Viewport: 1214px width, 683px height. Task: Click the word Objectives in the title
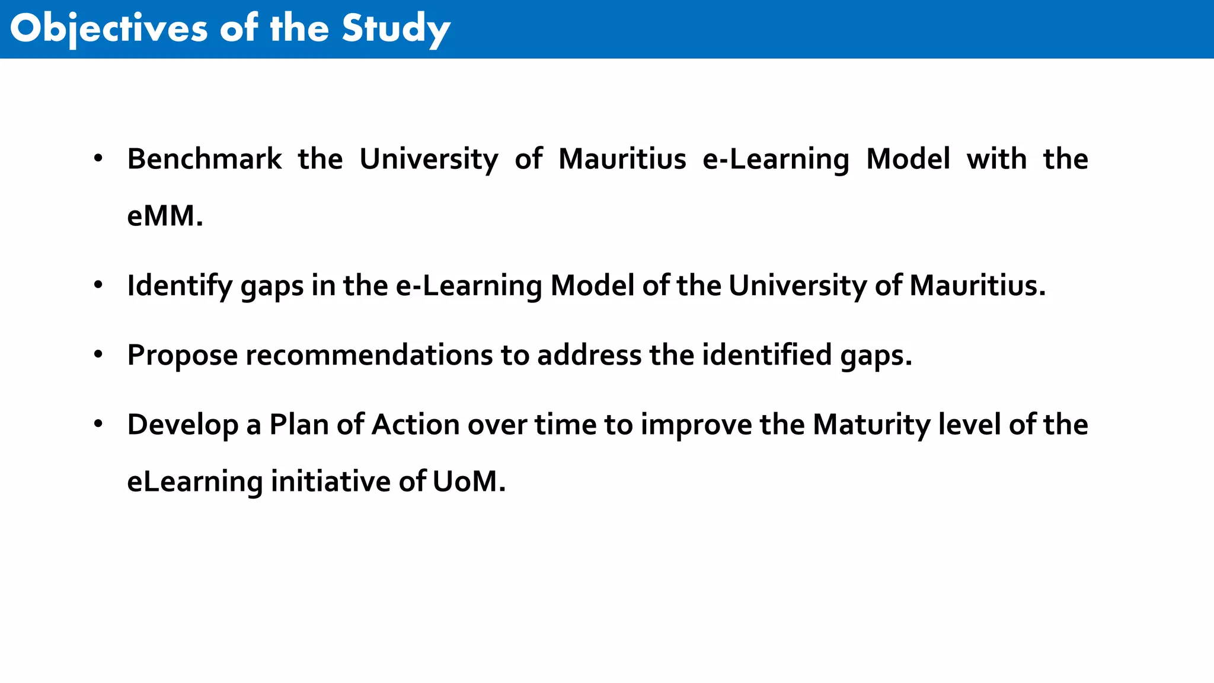pos(108,28)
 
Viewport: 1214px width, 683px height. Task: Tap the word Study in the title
pos(396,28)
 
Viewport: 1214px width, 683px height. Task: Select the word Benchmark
pos(205,159)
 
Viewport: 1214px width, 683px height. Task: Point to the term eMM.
pos(165,215)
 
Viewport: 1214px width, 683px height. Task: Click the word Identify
pos(180,286)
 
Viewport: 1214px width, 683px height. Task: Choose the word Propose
pos(183,355)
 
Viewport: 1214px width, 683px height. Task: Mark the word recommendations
pos(369,355)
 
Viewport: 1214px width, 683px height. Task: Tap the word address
pos(589,355)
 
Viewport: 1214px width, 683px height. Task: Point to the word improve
pos(696,425)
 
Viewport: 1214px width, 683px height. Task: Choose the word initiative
pos(331,481)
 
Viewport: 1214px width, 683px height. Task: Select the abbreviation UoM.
pos(468,481)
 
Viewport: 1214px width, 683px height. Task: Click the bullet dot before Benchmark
pos(98,158)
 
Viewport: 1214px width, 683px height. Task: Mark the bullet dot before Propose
pos(98,355)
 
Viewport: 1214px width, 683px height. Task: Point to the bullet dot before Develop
pos(98,424)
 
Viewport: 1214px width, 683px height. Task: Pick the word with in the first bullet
pos(996,159)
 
